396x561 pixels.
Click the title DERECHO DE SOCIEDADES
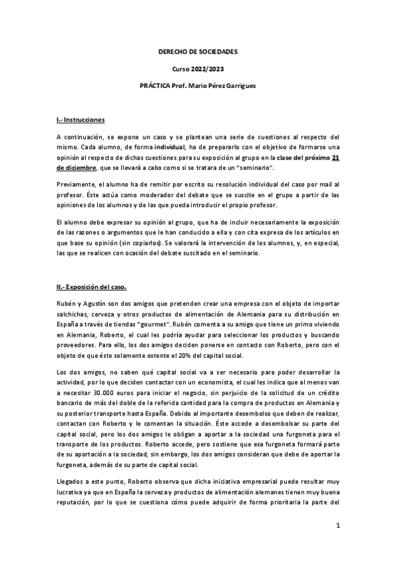(x=198, y=51)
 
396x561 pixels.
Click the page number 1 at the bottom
(x=337, y=527)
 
